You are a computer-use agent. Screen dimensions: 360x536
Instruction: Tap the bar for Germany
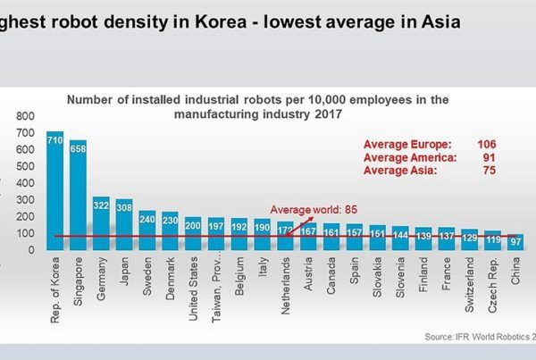point(101,222)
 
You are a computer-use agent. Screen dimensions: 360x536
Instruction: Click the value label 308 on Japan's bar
point(124,207)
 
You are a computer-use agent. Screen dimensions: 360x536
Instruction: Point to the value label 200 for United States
point(193,226)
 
